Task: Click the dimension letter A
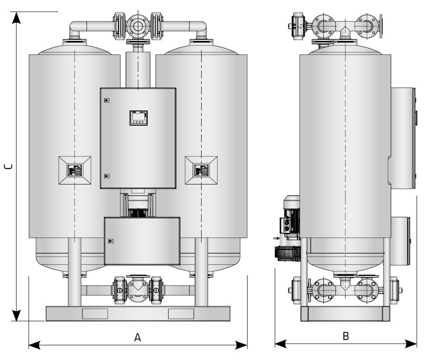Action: (x=137, y=338)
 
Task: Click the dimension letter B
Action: (x=346, y=336)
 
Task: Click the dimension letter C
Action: (x=8, y=167)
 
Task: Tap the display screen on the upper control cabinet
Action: (x=138, y=118)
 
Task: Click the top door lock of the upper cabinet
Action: (x=107, y=100)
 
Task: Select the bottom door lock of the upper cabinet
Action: (x=107, y=176)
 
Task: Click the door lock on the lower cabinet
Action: (x=111, y=241)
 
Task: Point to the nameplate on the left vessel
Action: (x=75, y=170)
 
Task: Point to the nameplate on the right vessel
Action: (x=201, y=170)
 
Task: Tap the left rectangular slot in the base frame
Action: (x=95, y=314)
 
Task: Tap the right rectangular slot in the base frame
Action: (x=181, y=314)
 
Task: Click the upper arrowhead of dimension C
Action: (x=17, y=18)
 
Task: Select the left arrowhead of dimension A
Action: (x=35, y=345)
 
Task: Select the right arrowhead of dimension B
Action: (x=411, y=344)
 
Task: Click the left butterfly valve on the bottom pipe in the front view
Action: (x=119, y=290)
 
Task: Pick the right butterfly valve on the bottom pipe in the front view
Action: (x=156, y=290)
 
